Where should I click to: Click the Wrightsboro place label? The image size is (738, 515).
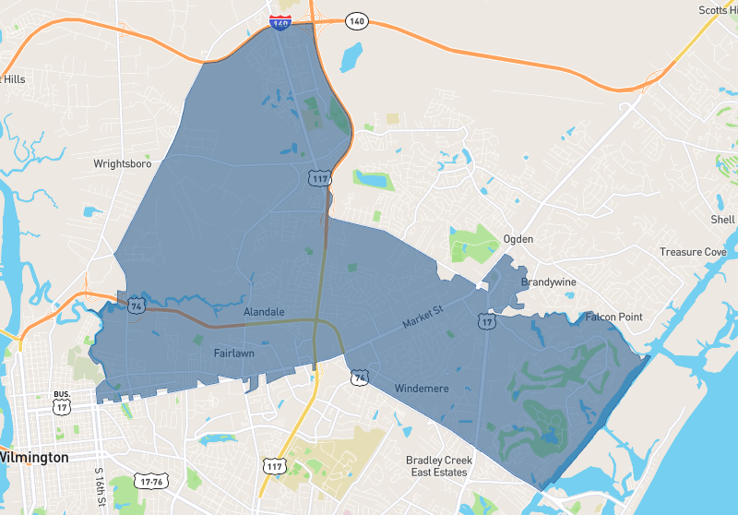[121, 164]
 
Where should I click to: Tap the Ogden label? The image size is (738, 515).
[518, 239]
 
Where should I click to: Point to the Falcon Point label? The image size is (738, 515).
[613, 317]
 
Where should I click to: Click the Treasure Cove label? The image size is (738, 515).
[693, 252]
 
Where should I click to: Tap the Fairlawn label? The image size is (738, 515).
[233, 353]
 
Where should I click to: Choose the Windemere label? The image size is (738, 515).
[421, 389]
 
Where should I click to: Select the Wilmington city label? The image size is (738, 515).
[33, 458]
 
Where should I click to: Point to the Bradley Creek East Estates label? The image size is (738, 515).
[439, 466]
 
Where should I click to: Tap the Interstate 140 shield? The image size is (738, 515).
[280, 21]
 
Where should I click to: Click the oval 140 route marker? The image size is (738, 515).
[357, 19]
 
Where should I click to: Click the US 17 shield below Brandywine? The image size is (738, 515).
[486, 320]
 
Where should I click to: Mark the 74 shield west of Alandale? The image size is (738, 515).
[136, 305]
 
